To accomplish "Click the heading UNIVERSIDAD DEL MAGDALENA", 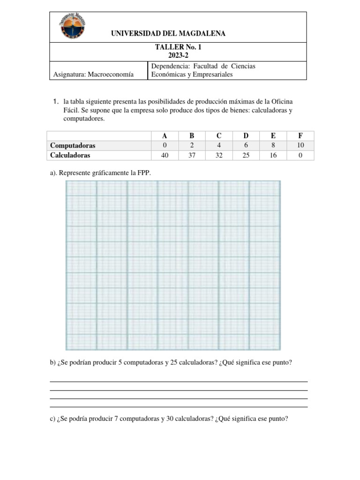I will tap(167, 33).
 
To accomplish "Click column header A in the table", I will tap(165, 136).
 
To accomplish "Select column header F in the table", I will tap(300, 136).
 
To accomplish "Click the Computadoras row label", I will tap(73, 145).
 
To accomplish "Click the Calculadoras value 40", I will tap(165, 155).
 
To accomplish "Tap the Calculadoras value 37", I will tap(192, 155).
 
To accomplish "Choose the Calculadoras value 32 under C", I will tap(219, 155).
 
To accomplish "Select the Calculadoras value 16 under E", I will tap(273, 155).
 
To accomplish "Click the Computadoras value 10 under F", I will tap(300, 146).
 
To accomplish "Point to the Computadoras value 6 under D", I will tap(246, 146).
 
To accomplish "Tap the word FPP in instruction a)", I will tap(145, 173).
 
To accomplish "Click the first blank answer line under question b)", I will tap(178, 382).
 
